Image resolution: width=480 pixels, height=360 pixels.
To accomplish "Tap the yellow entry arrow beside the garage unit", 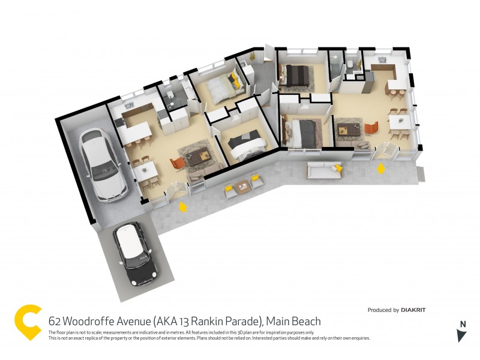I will [184, 207].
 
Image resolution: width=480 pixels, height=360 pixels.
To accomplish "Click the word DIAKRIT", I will [414, 310].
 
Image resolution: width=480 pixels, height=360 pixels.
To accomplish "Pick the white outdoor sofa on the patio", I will [324, 170].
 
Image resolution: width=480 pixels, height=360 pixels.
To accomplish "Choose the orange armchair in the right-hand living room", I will [370, 128].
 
